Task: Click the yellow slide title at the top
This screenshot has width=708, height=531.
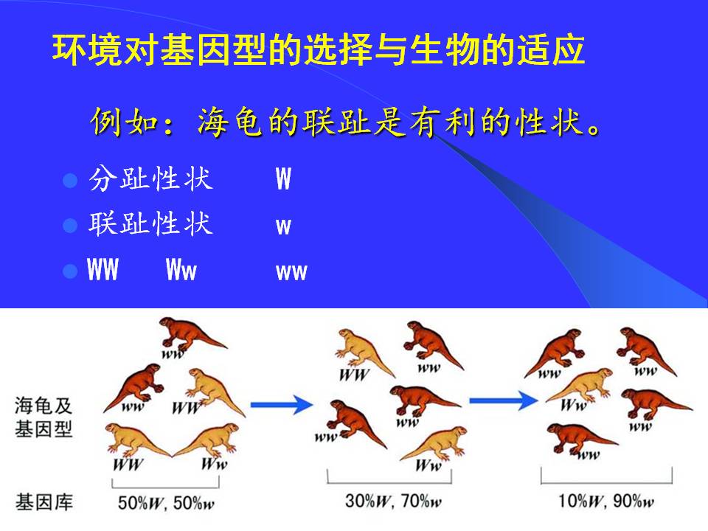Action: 319,49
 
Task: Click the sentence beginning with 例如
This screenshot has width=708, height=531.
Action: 345,122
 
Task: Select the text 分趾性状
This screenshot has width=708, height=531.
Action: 150,178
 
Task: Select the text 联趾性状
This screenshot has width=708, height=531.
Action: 150,223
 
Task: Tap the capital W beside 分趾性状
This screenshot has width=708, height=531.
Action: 283,178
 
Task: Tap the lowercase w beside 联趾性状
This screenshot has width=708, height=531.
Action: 283,226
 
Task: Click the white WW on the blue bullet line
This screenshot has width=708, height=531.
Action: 103,269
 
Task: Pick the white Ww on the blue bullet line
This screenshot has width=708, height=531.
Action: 181,269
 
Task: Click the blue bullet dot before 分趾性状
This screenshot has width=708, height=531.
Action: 70,180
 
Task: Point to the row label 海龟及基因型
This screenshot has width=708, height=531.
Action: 44,417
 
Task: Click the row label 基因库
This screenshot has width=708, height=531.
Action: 44,502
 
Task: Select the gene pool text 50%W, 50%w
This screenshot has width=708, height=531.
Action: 166,502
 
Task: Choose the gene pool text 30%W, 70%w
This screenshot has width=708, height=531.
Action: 393,501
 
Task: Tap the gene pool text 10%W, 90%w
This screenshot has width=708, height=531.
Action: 606,501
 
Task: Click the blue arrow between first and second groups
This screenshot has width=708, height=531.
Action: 281,404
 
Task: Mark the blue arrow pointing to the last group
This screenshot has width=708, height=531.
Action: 504,400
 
